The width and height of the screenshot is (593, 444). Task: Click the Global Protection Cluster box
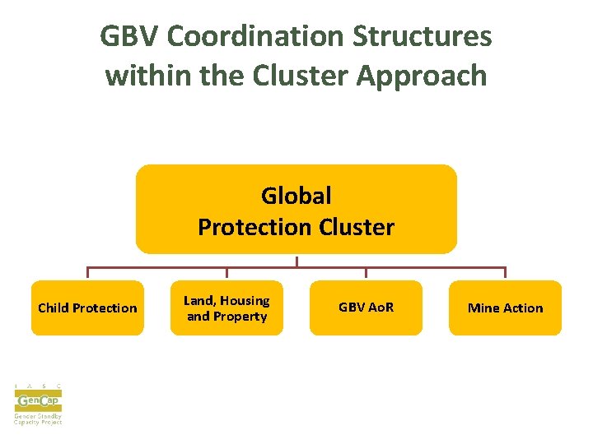296,209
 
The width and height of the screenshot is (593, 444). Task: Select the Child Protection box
87,308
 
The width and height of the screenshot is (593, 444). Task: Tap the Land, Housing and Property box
226,308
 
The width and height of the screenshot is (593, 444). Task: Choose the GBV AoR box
366,308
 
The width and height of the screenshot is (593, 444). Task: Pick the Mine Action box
505,308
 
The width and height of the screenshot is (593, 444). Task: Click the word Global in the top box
296,196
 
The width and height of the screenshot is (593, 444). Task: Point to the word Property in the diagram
240,317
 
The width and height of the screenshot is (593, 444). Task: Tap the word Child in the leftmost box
54,308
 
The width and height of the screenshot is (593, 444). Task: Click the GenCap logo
38,401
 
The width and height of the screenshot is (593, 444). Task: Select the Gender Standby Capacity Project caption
38,419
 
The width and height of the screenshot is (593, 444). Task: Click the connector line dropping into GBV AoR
366,273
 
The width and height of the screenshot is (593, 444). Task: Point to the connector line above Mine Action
505,273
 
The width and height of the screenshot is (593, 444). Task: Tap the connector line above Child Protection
87,273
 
